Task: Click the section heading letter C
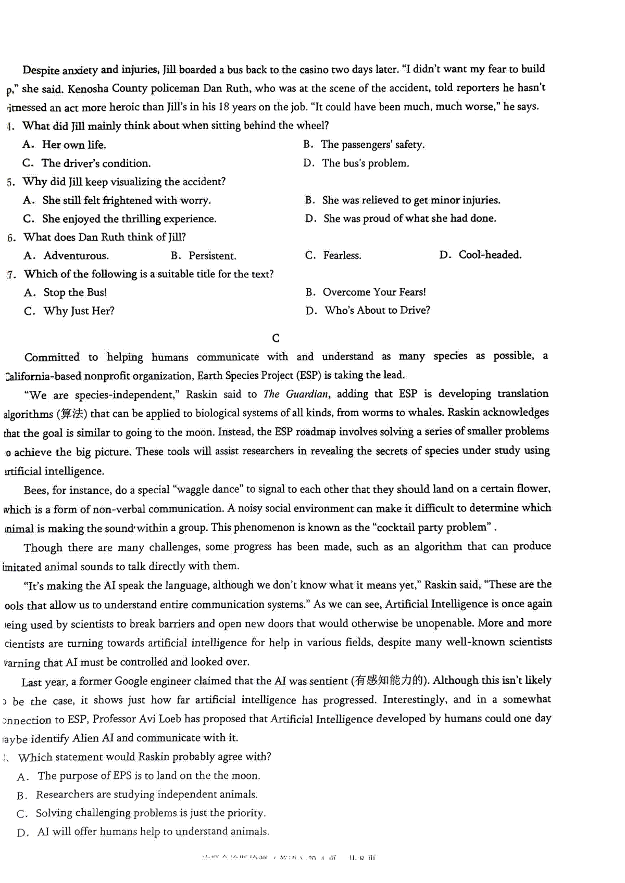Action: pos(276,338)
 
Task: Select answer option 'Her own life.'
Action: pos(73,145)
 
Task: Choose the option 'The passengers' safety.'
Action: pos(372,145)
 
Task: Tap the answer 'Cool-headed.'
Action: pos(490,255)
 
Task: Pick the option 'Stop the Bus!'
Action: pos(75,292)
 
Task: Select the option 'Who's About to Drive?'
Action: pos(377,311)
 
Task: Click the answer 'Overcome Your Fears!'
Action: pos(374,292)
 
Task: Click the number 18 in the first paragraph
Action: pos(224,107)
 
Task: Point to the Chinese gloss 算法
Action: pos(72,414)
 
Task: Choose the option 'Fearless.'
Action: pos(342,255)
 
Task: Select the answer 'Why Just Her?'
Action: pos(79,311)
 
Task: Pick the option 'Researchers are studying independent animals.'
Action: pos(146,795)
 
